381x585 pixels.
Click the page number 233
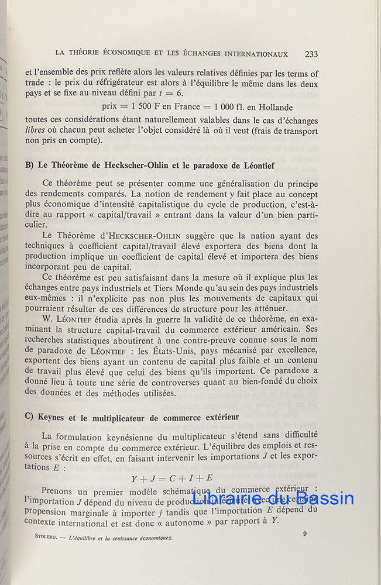click(311, 54)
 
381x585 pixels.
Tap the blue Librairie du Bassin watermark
click(273, 498)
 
